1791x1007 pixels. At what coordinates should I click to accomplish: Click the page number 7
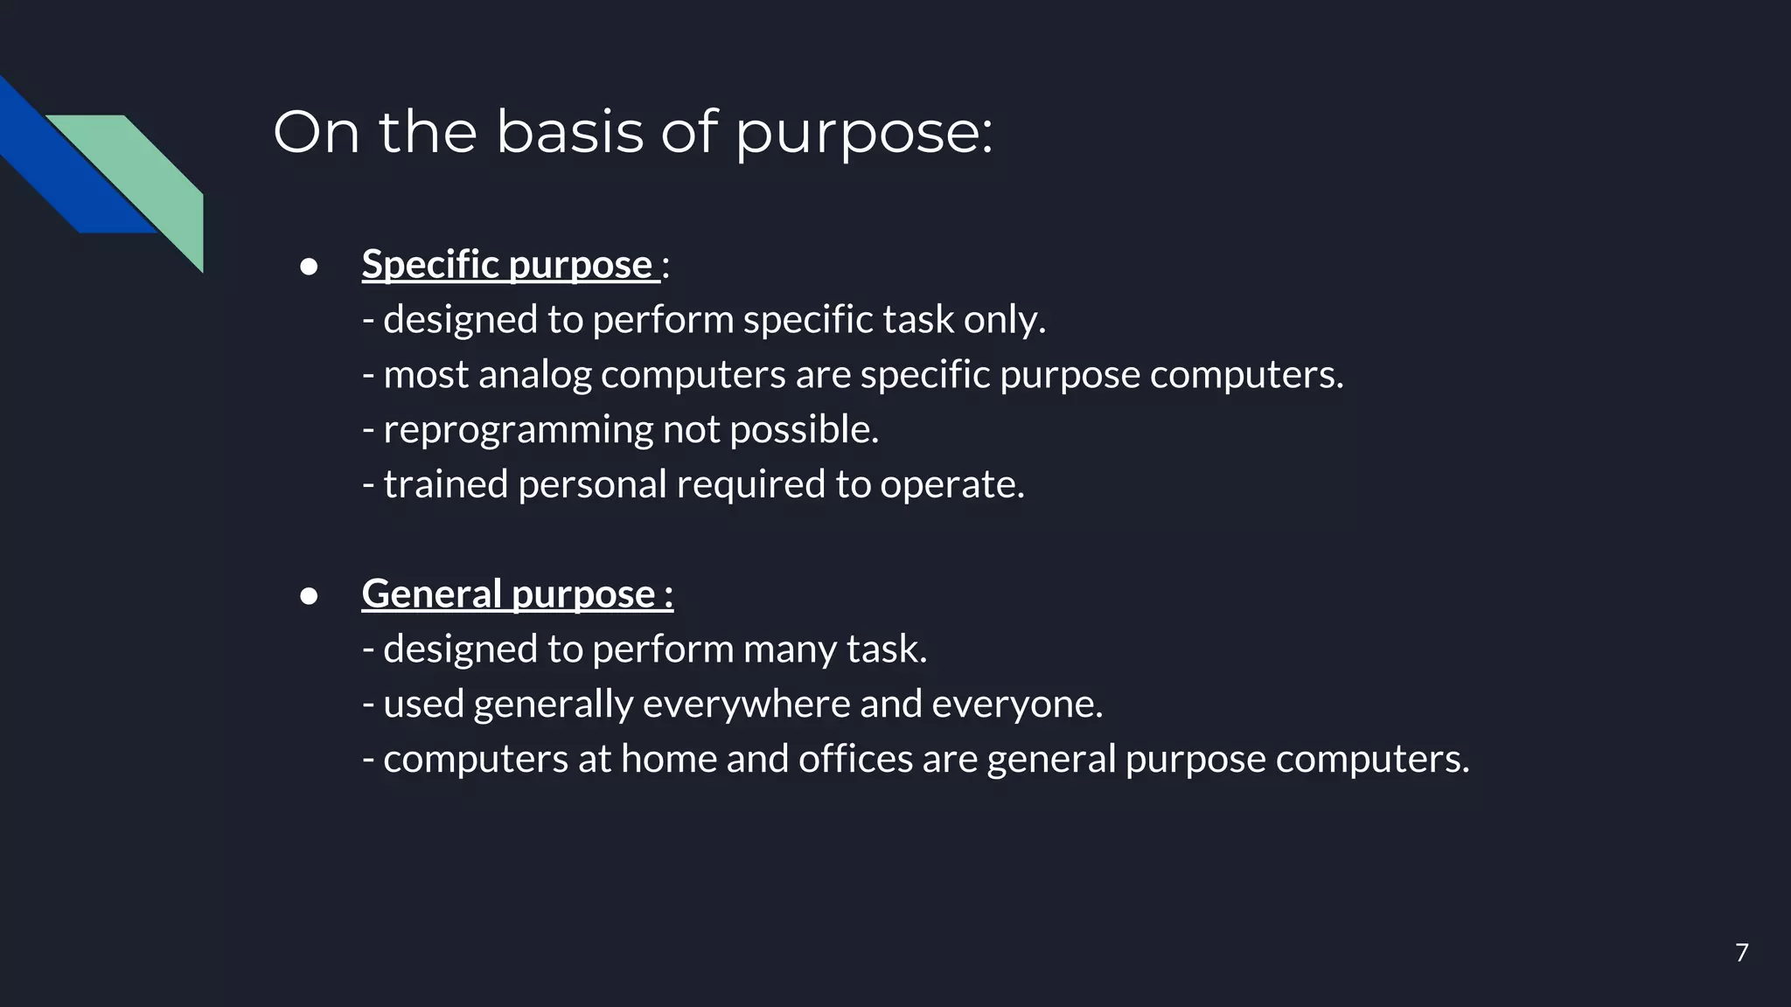tap(1741, 952)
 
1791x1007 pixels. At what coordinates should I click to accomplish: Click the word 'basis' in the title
tap(569, 132)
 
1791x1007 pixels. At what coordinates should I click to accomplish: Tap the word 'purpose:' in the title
tap(863, 135)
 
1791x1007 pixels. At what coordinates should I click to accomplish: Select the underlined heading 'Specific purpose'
tap(510, 264)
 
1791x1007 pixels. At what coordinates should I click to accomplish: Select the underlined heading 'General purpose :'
tap(517, 594)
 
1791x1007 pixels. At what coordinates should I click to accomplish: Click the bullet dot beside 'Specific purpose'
tap(309, 266)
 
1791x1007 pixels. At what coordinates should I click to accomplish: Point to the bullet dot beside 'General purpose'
tap(309, 595)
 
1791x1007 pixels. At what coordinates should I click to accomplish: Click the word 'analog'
tap(534, 375)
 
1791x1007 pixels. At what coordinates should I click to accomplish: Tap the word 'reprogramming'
tap(518, 430)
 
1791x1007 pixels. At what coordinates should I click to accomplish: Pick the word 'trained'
tap(446, 484)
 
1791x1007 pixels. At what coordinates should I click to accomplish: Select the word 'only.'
tap(1004, 320)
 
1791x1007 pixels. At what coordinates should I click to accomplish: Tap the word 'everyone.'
tap(1017, 705)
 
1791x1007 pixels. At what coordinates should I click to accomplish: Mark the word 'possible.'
tap(804, 430)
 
